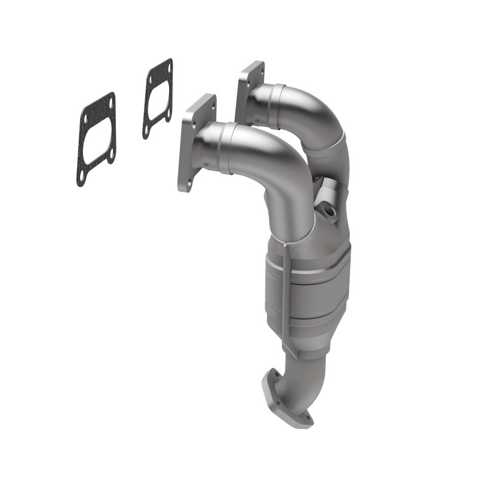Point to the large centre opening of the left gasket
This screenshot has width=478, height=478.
96,139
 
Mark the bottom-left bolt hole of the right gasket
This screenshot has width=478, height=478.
146,128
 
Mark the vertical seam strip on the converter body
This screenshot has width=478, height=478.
289,293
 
